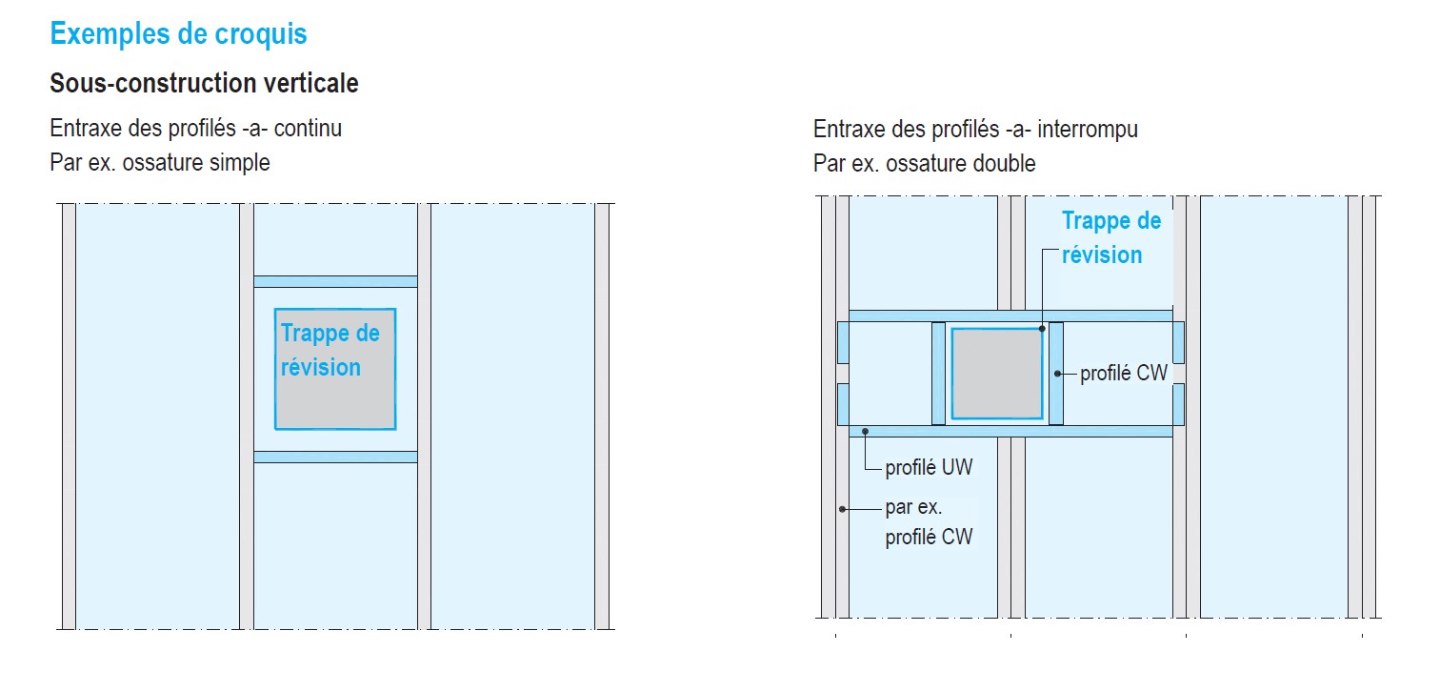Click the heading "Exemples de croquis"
click(178, 34)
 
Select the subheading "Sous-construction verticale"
click(204, 84)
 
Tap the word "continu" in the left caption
click(308, 129)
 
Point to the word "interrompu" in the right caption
click(1088, 130)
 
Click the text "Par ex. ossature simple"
click(159, 163)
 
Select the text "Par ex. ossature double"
click(925, 163)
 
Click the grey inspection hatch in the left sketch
click(335, 369)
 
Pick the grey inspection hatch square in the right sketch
click(997, 374)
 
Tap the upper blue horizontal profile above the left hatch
click(335, 282)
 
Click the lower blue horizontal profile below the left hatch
click(335, 458)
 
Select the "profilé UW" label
click(929, 468)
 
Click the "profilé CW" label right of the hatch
click(1124, 373)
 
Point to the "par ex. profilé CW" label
click(929, 521)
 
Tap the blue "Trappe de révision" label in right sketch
click(1111, 238)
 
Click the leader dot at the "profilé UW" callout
click(866, 432)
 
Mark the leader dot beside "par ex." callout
click(842, 509)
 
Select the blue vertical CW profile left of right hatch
click(939, 374)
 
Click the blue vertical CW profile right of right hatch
click(1055, 374)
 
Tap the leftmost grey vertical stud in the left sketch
click(69, 417)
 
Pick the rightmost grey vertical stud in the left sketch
click(602, 417)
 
